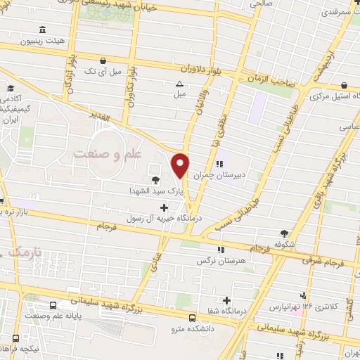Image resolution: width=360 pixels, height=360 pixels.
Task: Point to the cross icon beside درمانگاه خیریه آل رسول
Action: click(165, 207)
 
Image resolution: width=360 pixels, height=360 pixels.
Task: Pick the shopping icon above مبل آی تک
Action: click(103, 60)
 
